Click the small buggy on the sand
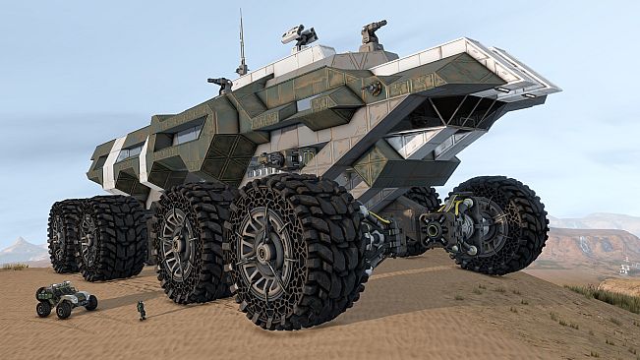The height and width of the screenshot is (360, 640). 66,297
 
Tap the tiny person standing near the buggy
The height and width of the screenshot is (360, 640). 142,311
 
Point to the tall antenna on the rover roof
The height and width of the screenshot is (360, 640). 241,44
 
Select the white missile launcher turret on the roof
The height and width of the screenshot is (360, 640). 299,36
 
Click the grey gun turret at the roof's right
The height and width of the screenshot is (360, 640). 373,35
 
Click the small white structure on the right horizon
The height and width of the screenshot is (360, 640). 624,267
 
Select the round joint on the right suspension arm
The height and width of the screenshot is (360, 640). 434,231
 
